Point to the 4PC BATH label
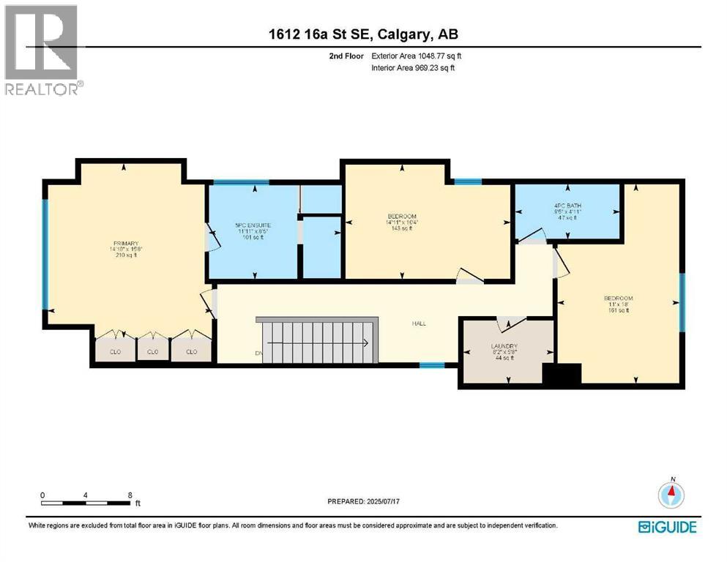point(567,206)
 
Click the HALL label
point(419,323)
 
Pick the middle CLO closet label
point(153,352)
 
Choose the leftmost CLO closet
point(115,352)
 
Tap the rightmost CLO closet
point(192,352)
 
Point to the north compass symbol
point(671,494)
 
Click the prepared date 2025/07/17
point(363,501)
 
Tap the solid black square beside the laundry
point(562,374)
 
